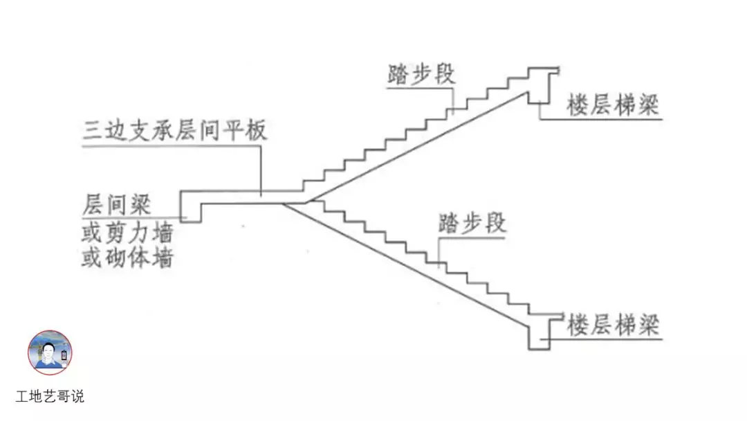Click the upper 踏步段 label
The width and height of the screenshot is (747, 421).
pos(422,74)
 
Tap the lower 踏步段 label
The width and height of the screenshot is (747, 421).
pos(472,224)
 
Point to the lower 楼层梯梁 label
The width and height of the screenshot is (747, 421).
pos(612,325)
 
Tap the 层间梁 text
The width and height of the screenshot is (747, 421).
pos(116,205)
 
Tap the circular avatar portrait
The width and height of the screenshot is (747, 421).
pos(50,352)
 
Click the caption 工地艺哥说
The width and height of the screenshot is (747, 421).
pos(50,397)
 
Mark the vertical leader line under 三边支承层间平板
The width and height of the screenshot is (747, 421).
pos(261,170)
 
